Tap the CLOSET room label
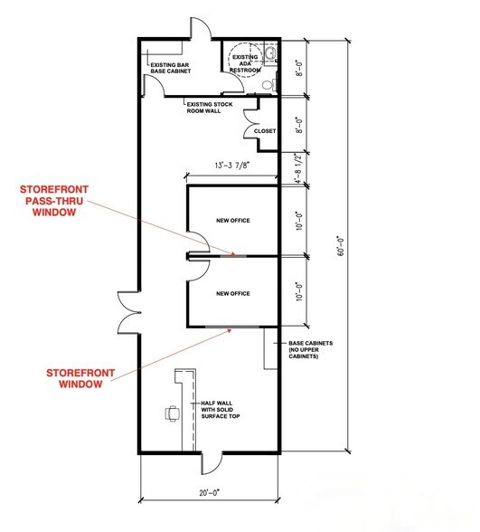[264, 131]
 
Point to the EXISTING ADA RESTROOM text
[245, 63]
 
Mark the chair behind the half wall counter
[173, 414]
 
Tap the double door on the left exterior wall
[124, 313]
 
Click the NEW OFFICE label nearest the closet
[232, 221]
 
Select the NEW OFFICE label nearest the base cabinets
[232, 293]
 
